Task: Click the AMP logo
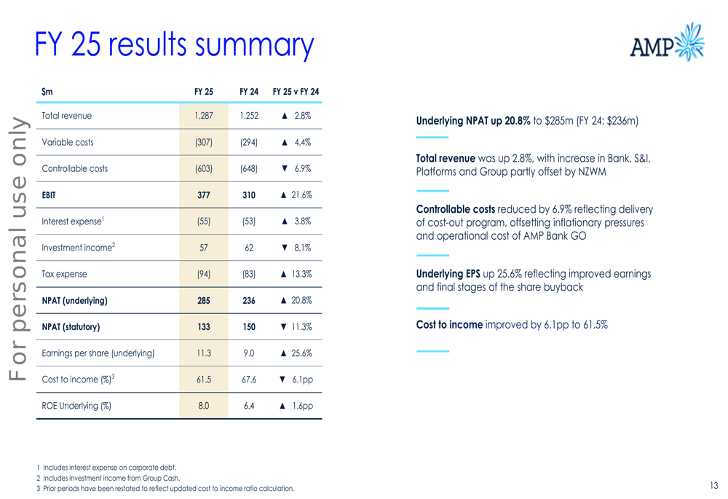click(667, 42)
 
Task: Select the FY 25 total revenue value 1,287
click(204, 116)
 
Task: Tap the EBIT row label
click(49, 195)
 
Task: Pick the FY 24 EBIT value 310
click(249, 195)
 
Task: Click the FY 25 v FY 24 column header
click(296, 92)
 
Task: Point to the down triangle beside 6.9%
click(285, 168)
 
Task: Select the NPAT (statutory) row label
click(71, 327)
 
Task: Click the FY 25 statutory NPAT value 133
click(204, 327)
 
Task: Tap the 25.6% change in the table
click(302, 353)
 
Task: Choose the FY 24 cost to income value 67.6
click(249, 380)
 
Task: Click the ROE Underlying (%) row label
click(76, 406)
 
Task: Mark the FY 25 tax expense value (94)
click(204, 274)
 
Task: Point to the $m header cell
click(47, 92)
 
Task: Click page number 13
click(714, 486)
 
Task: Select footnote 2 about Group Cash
click(108, 478)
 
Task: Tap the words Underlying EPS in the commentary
click(448, 274)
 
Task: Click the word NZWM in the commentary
click(592, 172)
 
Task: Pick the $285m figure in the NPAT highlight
click(559, 121)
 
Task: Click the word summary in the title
click(254, 46)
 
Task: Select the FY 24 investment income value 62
click(249, 248)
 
